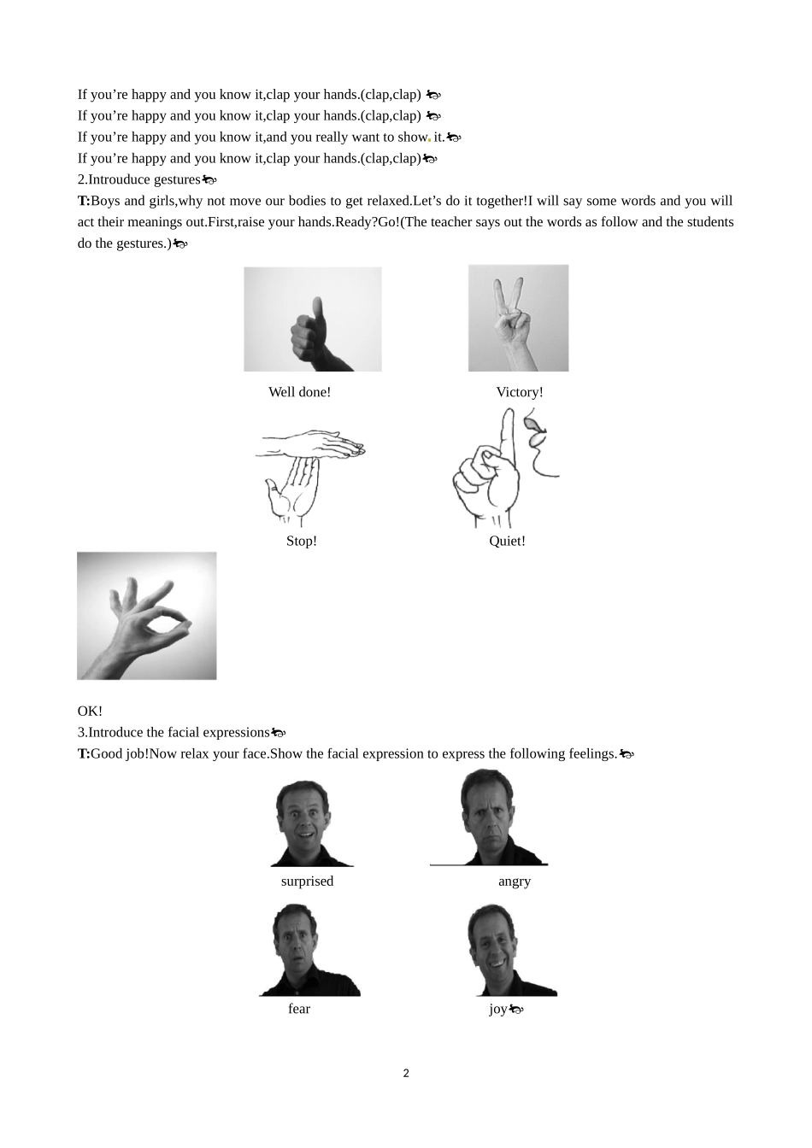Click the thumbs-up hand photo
coord(313,319)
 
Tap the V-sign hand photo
coord(518,318)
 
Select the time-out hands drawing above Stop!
coord(310,477)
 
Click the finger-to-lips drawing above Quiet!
coord(505,468)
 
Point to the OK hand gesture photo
coord(147,616)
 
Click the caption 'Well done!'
coord(299,392)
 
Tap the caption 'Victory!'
coord(520,392)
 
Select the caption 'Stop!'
coord(302,541)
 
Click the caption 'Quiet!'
coord(507,541)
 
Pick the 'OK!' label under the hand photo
coord(90,711)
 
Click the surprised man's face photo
coord(307,823)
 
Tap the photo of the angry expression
coord(490,818)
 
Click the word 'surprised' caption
coord(307,881)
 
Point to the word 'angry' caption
coord(515,881)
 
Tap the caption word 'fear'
coord(299,1009)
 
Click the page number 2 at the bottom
coord(406,1074)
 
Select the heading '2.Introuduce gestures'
coord(138,179)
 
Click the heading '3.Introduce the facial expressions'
coord(174,732)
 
